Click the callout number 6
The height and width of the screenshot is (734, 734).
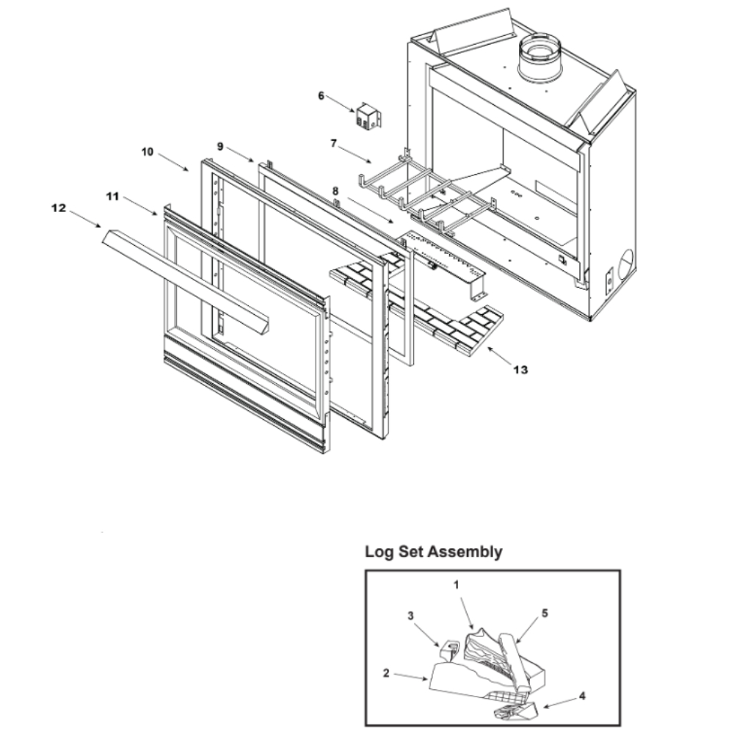click(321, 95)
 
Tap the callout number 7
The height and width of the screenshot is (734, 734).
click(333, 143)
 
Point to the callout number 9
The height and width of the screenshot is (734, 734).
click(219, 146)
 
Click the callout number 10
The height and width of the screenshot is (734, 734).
click(148, 151)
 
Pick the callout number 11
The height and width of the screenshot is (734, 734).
click(112, 196)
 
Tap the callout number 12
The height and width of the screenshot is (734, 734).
click(58, 208)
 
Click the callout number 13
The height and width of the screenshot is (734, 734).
click(520, 370)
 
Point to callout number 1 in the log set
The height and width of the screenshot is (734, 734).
click(456, 585)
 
